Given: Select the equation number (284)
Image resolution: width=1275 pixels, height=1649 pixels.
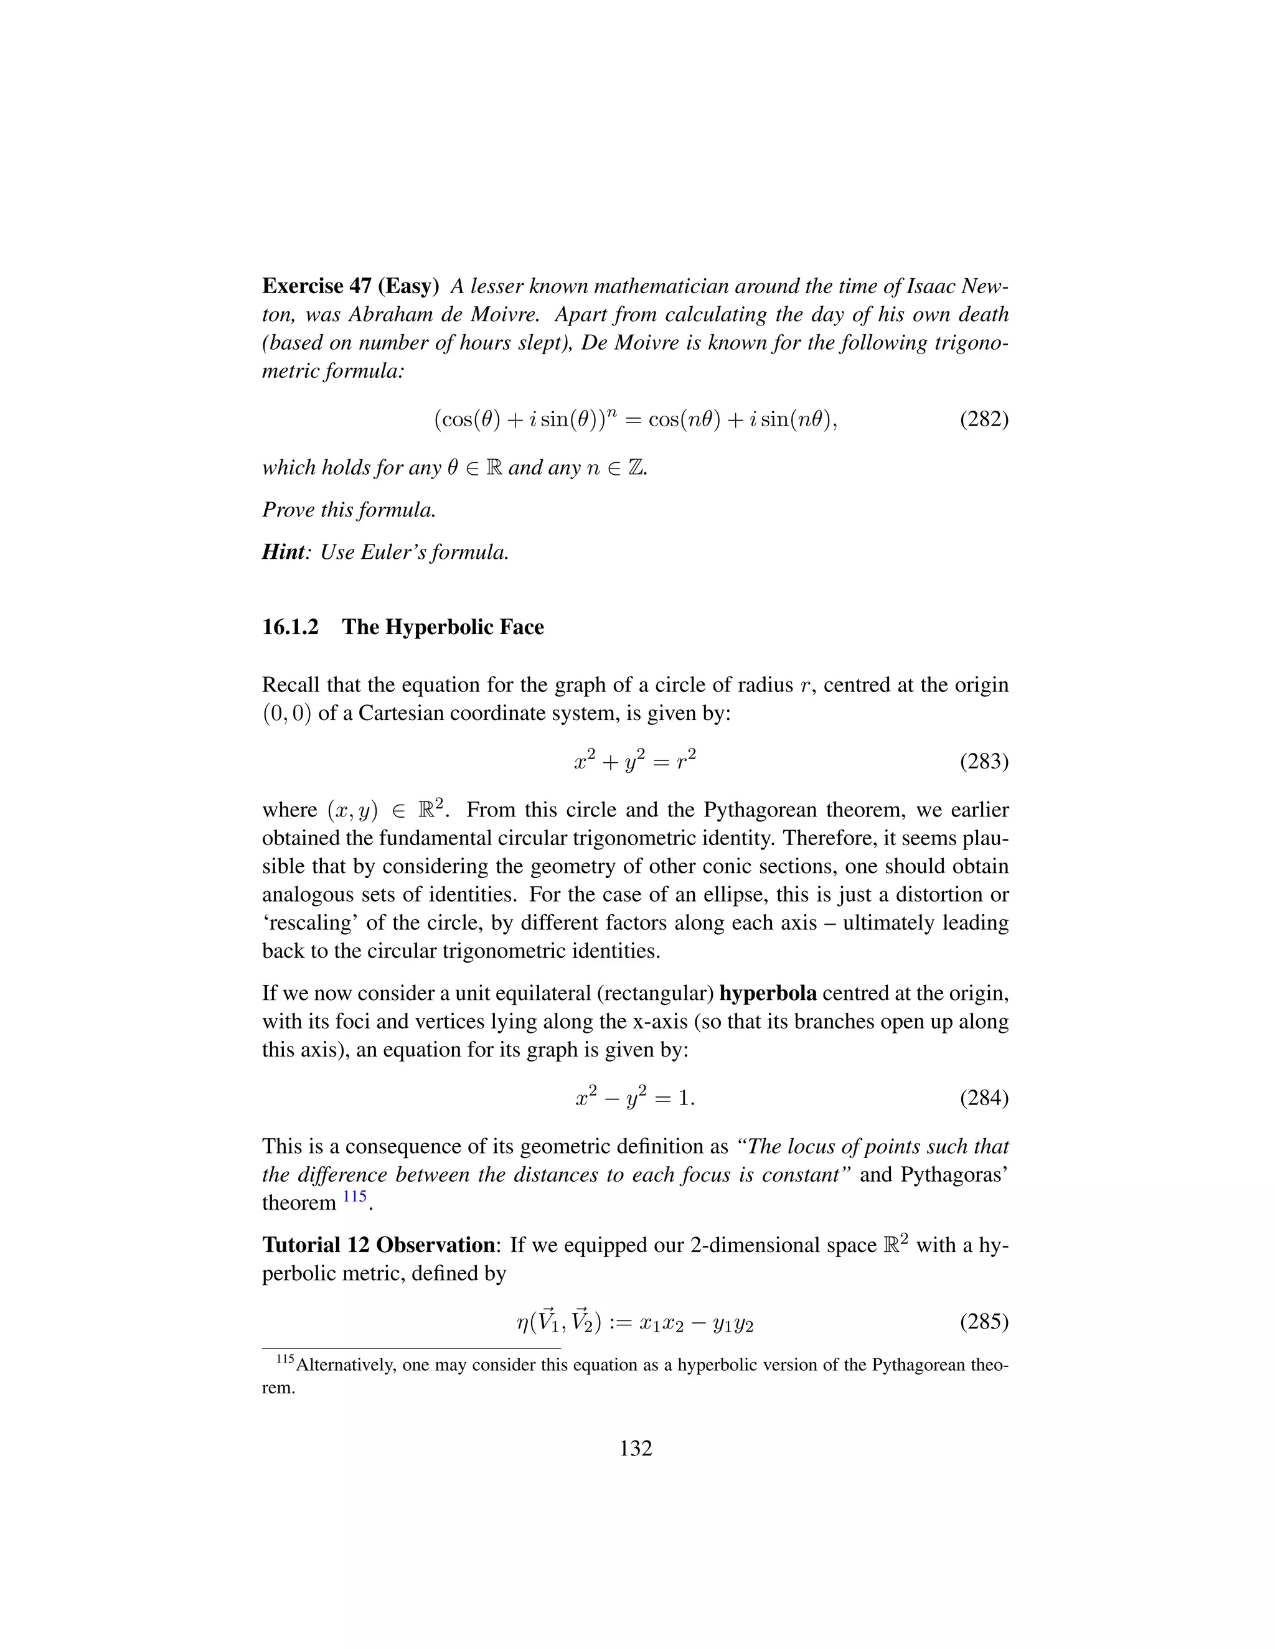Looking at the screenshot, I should tap(984, 1098).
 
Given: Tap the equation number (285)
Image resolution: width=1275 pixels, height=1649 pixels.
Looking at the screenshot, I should tap(984, 1322).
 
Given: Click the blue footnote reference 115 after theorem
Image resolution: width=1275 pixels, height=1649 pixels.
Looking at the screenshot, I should tap(354, 1196).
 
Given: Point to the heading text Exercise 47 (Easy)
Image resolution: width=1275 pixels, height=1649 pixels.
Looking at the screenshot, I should tap(351, 286).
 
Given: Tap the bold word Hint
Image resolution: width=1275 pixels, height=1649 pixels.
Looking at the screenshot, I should tap(283, 552).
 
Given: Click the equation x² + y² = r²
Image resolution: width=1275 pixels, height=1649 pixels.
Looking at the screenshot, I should tap(634, 762).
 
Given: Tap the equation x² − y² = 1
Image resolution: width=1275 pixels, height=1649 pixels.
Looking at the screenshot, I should tap(634, 1098).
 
